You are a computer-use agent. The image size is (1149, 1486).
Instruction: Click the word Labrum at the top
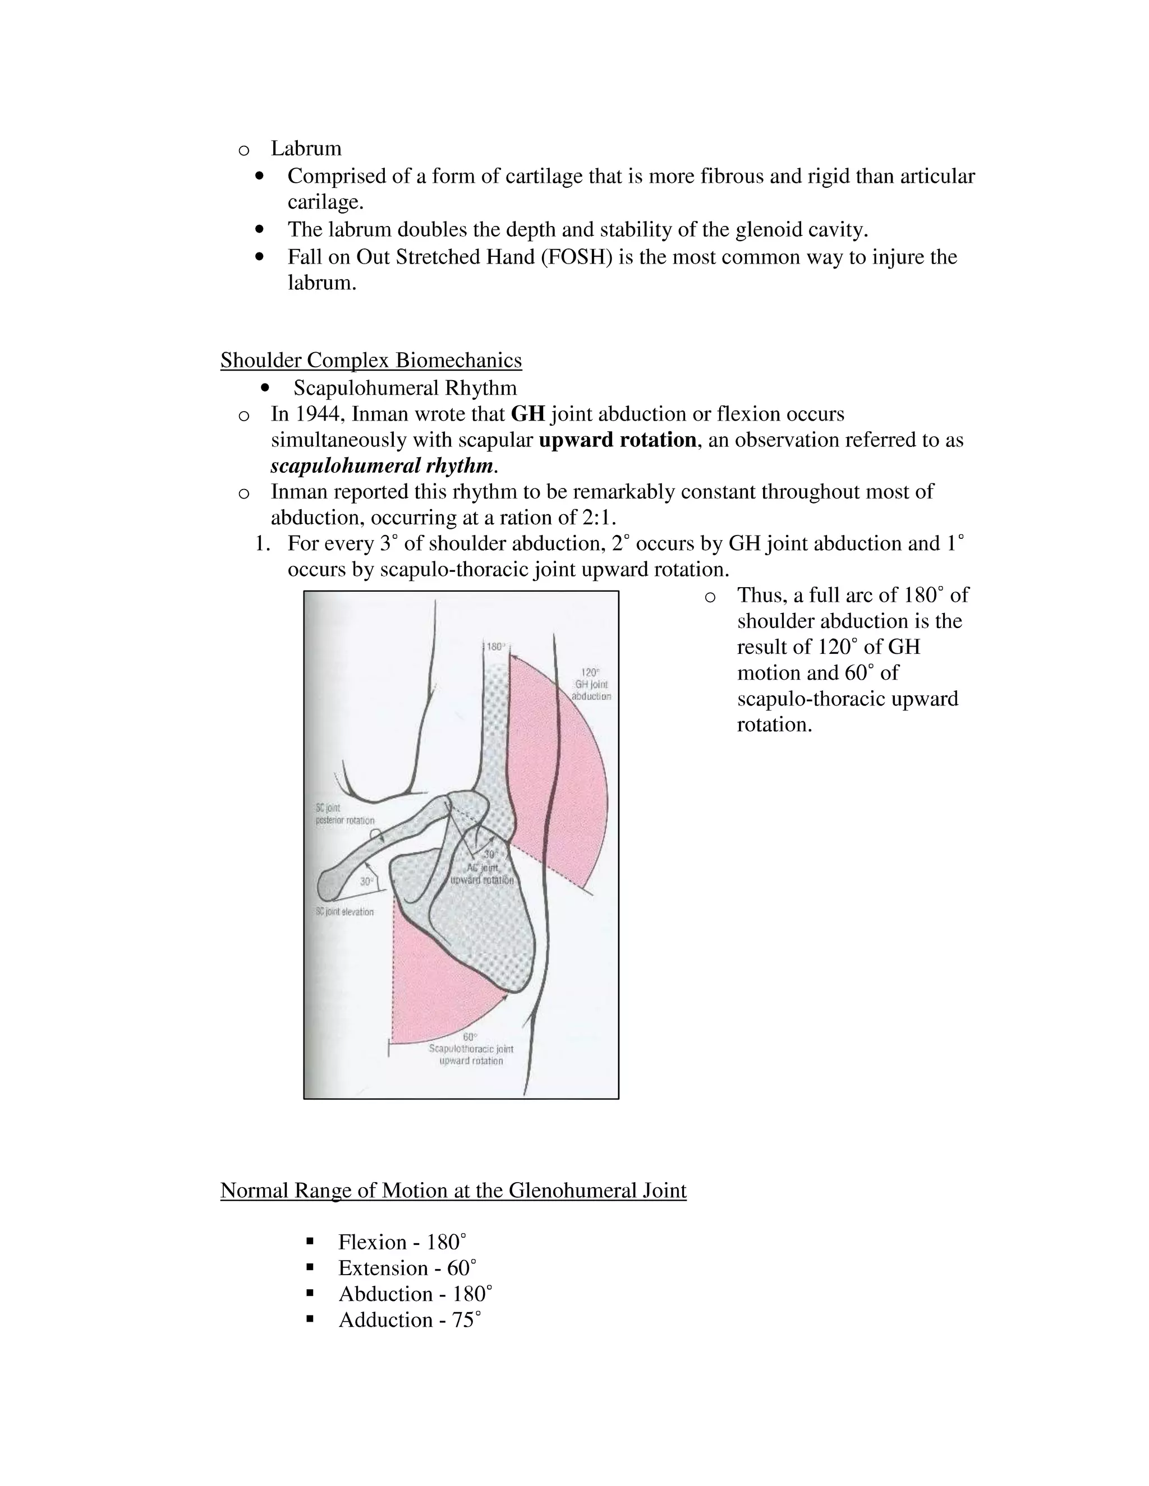coord(306,149)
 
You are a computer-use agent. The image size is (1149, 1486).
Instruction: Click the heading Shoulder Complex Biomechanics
coord(371,360)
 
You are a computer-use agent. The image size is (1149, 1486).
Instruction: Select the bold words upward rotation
coord(617,440)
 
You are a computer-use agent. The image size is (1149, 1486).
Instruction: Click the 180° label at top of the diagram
coord(495,647)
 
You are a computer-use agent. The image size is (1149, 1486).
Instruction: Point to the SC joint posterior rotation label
coord(344,814)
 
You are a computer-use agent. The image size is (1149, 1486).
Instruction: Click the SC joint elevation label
coord(344,912)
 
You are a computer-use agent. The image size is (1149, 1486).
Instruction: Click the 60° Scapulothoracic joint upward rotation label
coord(471,1049)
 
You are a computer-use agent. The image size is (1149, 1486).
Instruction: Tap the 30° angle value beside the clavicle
coord(367,881)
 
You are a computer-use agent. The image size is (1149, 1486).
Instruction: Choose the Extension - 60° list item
coord(407,1268)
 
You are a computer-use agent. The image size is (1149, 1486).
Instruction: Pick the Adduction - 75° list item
coord(410,1320)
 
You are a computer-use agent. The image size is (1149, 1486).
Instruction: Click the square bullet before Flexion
coord(310,1242)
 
